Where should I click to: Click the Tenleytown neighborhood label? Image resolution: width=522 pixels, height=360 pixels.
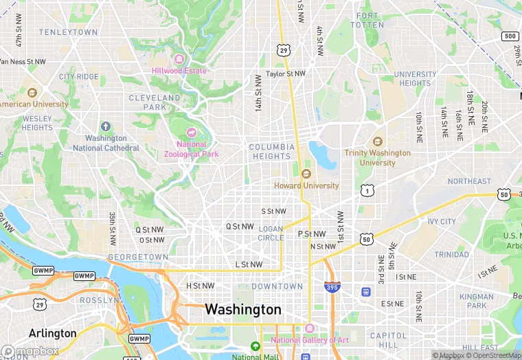coord(68,32)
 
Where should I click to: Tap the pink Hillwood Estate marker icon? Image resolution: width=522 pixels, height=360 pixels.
coord(180,59)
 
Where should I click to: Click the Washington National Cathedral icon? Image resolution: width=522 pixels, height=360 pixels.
coord(106,126)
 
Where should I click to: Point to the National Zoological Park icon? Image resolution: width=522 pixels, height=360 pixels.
coord(191,133)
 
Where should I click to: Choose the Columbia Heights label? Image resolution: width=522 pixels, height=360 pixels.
coord(271,152)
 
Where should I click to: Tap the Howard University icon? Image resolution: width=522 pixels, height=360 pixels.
coord(306,174)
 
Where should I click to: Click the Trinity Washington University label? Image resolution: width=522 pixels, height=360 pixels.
coord(378,157)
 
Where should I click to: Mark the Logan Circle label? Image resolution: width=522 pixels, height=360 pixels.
coord(271,234)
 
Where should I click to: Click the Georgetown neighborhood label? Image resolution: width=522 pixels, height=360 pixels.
coord(137,257)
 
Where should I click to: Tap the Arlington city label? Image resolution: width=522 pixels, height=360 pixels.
coord(53,333)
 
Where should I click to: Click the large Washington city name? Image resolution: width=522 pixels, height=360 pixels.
coord(243,309)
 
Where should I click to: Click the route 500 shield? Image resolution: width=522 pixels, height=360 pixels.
coord(510,36)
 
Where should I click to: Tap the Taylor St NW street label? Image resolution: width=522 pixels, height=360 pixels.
coord(285,74)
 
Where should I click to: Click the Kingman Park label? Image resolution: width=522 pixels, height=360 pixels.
coord(477,301)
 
